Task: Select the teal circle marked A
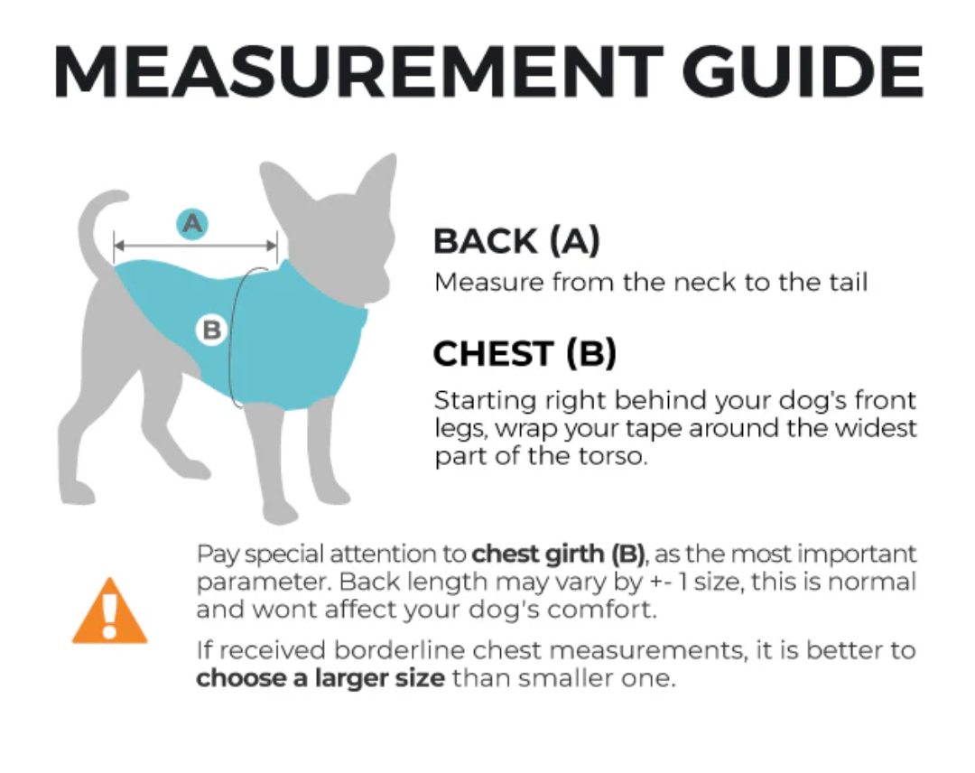(192, 222)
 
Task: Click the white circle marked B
(211, 331)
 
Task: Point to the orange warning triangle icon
(109, 612)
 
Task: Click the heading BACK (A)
(516, 241)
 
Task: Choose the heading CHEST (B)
(525, 354)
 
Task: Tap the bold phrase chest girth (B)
(558, 554)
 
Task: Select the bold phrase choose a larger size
(320, 678)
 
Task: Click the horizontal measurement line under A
(195, 245)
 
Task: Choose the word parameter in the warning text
(264, 582)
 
